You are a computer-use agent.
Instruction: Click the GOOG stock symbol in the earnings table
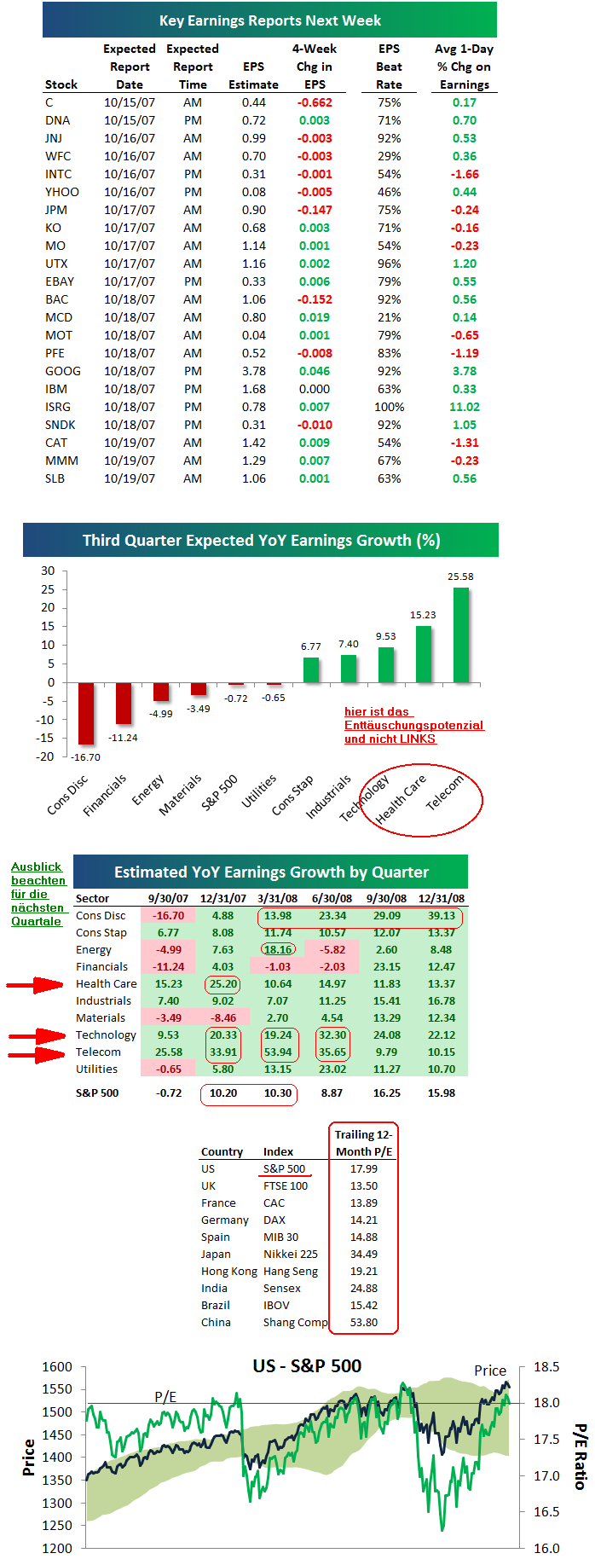pyautogui.click(x=63, y=371)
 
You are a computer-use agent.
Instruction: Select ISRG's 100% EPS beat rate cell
pyautogui.click(x=389, y=407)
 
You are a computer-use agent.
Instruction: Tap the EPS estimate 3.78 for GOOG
pyautogui.click(x=253, y=371)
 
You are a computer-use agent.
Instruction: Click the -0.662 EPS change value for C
pyautogui.click(x=315, y=102)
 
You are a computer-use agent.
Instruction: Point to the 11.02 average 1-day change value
pyautogui.click(x=465, y=407)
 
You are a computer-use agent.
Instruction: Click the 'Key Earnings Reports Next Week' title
pyautogui.click(x=269, y=20)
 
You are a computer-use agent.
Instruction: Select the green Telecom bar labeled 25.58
pyautogui.click(x=461, y=635)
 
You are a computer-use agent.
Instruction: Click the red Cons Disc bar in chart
pyautogui.click(x=86, y=713)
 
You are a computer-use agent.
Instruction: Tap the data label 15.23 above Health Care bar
pyautogui.click(x=423, y=615)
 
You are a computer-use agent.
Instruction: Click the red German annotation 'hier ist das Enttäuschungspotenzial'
pyautogui.click(x=413, y=725)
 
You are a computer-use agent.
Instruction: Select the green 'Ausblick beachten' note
pyautogui.click(x=38, y=894)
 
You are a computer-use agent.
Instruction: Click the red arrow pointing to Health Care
pyautogui.click(x=35, y=985)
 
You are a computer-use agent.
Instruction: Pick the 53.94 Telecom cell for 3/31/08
pyautogui.click(x=278, y=1052)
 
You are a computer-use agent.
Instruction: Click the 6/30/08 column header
pyautogui.click(x=332, y=898)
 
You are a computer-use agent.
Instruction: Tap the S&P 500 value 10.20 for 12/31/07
pyautogui.click(x=223, y=1092)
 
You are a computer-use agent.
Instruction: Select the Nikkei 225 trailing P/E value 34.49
pyautogui.click(x=364, y=1254)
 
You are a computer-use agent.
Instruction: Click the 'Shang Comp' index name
pyautogui.click(x=295, y=1322)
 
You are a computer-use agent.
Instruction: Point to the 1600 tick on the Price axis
pyautogui.click(x=57, y=1367)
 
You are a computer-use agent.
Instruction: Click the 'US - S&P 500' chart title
pyautogui.click(x=307, y=1365)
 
